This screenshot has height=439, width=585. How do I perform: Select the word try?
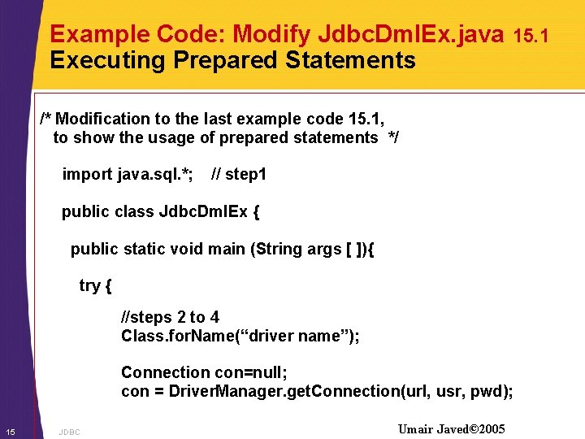tap(91, 285)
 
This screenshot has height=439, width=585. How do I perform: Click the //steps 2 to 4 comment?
tap(170, 317)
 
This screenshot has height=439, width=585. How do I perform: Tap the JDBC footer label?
tap(70, 432)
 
